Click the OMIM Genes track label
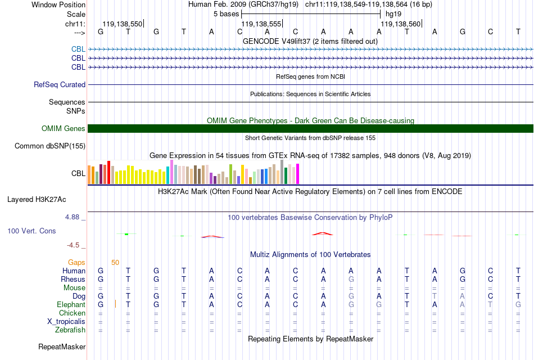tap(64, 129)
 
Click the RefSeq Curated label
tap(60, 85)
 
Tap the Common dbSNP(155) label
tap(50, 146)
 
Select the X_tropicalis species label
tap(66, 322)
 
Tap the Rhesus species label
tap(73, 280)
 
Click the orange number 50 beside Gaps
tap(115, 263)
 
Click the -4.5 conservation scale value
tap(74, 245)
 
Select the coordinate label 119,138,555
tap(260, 24)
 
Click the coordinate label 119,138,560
tap(400, 24)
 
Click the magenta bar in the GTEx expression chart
tap(298, 173)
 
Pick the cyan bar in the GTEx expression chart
tap(168, 175)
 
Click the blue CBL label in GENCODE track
tap(78, 49)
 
